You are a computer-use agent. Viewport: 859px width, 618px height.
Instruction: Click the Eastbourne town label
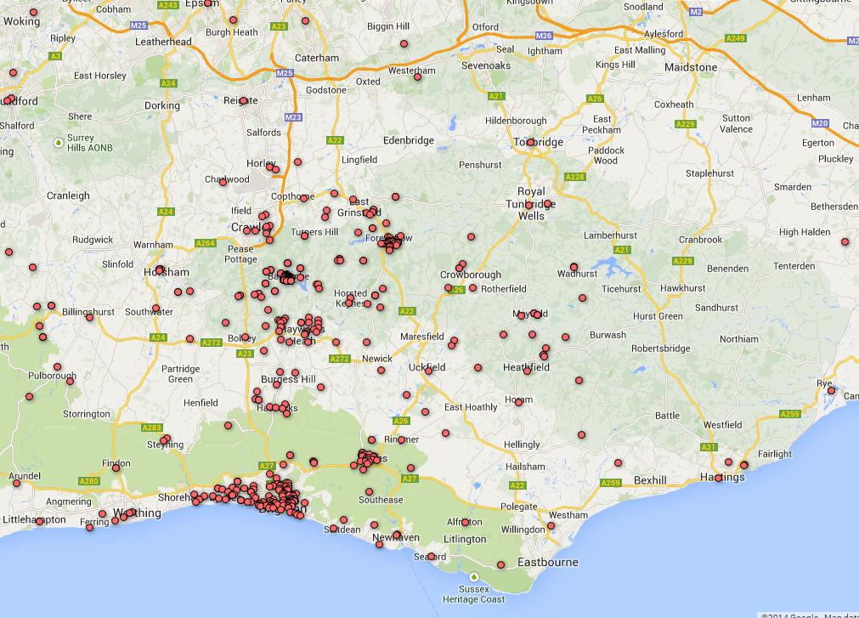click(548, 562)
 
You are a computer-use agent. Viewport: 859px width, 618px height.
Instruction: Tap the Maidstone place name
click(691, 67)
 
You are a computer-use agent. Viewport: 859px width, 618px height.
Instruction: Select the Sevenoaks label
click(486, 65)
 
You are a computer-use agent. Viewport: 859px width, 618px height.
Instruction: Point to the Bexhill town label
click(650, 480)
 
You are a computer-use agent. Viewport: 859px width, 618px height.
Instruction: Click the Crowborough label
click(472, 275)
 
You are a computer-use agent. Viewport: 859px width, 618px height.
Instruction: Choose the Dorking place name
click(162, 106)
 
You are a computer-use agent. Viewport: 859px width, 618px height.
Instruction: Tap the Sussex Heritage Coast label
click(474, 593)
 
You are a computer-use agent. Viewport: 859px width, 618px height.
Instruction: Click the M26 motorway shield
click(544, 37)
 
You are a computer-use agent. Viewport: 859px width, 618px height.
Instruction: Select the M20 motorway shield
click(819, 123)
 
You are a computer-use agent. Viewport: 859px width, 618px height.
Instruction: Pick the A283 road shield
click(152, 428)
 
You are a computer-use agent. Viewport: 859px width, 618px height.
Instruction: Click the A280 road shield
click(89, 482)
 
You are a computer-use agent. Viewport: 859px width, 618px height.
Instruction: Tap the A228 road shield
click(575, 177)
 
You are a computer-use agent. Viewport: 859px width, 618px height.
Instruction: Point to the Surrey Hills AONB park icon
click(58, 141)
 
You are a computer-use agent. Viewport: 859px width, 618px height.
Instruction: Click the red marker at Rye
click(832, 392)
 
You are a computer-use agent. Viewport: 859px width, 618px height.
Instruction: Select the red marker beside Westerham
click(417, 77)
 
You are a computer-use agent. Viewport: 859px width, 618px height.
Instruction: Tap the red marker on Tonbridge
click(531, 142)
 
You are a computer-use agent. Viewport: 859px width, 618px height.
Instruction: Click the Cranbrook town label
click(700, 240)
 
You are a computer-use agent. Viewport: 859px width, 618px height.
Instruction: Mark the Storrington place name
click(87, 414)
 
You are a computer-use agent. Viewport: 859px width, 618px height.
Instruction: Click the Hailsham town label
click(524, 467)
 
